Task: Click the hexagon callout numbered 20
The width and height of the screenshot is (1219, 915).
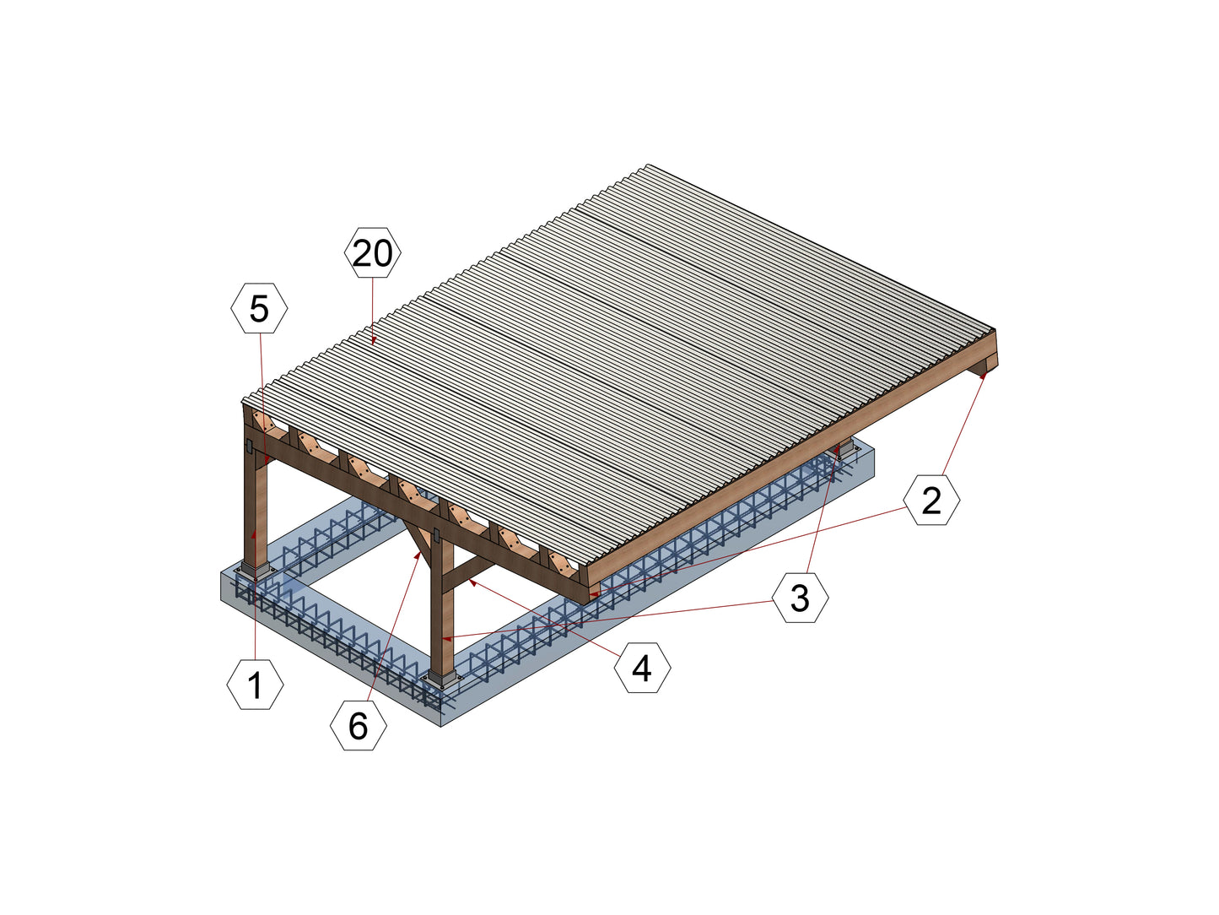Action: click(372, 252)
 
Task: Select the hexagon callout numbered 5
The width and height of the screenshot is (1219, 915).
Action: click(259, 308)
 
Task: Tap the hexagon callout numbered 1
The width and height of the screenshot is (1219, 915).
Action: click(256, 685)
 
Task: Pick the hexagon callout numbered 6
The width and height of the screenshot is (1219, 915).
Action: click(359, 725)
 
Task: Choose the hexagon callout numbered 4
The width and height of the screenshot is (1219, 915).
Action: click(642, 667)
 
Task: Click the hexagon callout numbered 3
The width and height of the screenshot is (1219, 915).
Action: click(801, 598)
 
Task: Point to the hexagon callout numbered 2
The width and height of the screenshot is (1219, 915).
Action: click(931, 500)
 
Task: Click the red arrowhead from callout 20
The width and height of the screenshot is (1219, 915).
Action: click(373, 339)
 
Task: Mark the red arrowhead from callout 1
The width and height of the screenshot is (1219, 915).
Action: click(254, 534)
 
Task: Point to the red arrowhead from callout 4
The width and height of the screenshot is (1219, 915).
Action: click(472, 582)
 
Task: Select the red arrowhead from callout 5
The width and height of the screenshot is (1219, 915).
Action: click(267, 458)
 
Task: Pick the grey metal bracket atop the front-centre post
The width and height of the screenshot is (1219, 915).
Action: click(436, 536)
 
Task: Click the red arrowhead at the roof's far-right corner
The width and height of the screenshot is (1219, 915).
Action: click(984, 376)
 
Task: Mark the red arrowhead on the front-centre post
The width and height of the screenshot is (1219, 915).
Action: click(446, 638)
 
